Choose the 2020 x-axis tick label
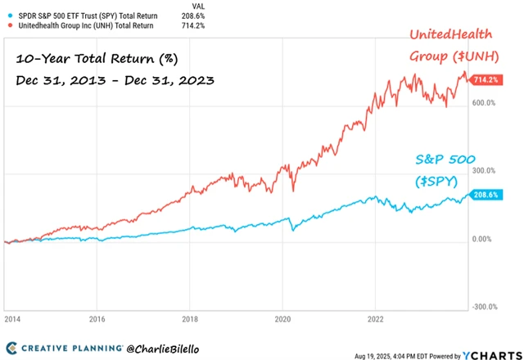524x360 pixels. click(x=282, y=320)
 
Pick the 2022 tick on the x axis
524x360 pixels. click(x=374, y=320)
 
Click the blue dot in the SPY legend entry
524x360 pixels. click(x=9, y=16)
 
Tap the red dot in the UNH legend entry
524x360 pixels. click(x=9, y=26)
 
